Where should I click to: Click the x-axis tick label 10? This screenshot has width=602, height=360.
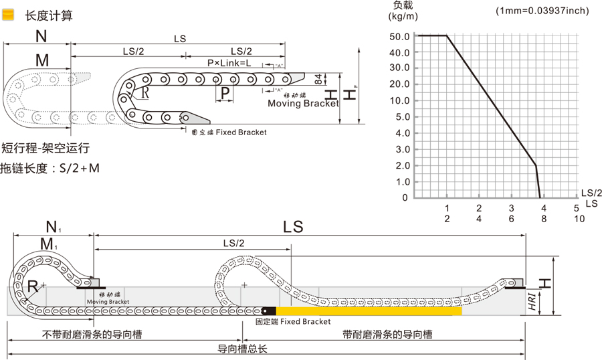click(579, 218)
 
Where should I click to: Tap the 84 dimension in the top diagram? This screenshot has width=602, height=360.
click(318, 80)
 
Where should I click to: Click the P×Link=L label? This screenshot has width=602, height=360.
click(229, 63)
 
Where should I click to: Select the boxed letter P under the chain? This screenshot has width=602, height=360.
click(225, 92)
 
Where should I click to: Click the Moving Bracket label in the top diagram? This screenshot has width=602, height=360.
click(302, 104)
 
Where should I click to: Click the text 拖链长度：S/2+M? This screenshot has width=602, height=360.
click(50, 168)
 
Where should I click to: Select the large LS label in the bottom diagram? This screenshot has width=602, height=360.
click(293, 227)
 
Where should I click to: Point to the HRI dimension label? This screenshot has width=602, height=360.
click(531, 302)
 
